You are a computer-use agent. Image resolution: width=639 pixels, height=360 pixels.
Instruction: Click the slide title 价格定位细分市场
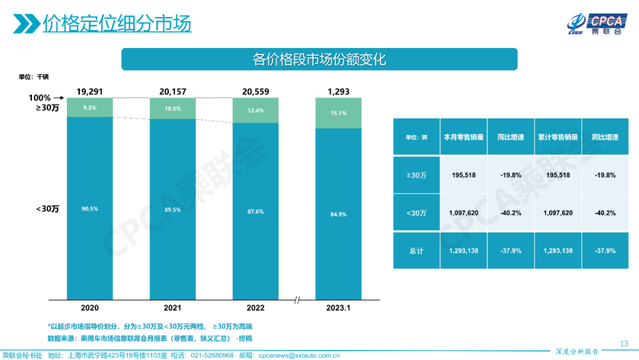click(117, 24)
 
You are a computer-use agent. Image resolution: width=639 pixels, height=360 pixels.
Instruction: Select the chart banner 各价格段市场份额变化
click(319, 59)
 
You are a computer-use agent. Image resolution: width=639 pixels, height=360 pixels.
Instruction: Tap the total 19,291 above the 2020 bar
click(90, 92)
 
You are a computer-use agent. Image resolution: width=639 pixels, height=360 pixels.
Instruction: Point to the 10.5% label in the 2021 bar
click(173, 108)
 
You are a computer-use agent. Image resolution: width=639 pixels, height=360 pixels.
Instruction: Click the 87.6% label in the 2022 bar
click(256, 211)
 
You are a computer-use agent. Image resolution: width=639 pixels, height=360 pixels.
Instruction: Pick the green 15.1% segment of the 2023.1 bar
click(338, 113)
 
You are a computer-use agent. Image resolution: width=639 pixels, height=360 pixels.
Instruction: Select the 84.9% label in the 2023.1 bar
click(338, 214)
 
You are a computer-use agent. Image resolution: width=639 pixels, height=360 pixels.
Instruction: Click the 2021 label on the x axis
click(173, 308)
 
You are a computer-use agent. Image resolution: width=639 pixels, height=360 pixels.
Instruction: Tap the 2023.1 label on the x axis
click(338, 308)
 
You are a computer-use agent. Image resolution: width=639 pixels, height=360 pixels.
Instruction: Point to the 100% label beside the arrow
click(40, 98)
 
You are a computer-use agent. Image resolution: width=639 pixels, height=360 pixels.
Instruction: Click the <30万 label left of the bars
click(48, 208)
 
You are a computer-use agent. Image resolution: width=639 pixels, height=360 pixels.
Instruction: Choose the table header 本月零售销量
click(464, 137)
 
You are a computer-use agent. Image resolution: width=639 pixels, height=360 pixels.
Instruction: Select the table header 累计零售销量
click(558, 137)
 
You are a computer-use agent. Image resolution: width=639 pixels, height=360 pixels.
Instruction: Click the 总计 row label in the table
click(417, 250)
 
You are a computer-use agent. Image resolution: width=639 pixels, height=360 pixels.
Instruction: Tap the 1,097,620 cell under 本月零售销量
click(464, 213)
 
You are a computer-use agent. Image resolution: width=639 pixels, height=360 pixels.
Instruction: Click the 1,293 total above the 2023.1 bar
click(338, 92)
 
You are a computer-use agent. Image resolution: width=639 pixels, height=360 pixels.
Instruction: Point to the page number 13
click(624, 344)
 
